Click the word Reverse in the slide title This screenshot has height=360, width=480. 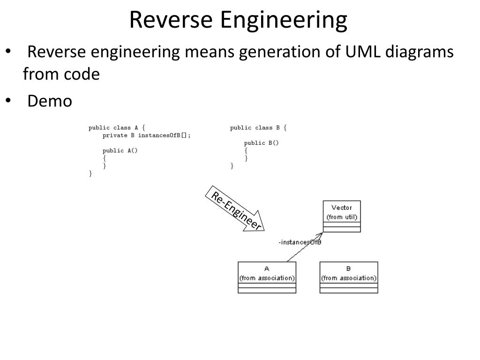pyautogui.click(x=171, y=20)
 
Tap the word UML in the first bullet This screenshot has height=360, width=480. pyautogui.click(x=363, y=52)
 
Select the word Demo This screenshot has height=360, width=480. pyautogui.click(x=50, y=101)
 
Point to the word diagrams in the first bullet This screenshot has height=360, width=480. pyautogui.click(x=420, y=52)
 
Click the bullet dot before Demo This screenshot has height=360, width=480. pyautogui.click(x=8, y=100)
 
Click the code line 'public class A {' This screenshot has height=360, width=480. pyautogui.click(x=117, y=127)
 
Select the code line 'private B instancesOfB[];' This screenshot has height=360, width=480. pyautogui.click(x=147, y=135)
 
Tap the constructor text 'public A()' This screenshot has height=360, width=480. pyautogui.click(x=120, y=150)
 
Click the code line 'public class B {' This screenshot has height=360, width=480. pyautogui.click(x=258, y=127)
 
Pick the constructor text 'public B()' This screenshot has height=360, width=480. pyautogui.click(x=262, y=143)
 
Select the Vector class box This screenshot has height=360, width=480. pyautogui.click(x=342, y=217)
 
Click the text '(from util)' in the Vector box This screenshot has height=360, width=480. pyautogui.click(x=342, y=217)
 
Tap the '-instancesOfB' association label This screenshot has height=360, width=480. pyautogui.click(x=300, y=242)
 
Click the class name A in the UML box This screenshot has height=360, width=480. pyautogui.click(x=267, y=269)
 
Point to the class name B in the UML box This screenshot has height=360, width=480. pyautogui.click(x=348, y=269)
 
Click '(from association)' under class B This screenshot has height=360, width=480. pyautogui.click(x=349, y=278)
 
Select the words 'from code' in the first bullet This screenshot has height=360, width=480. pyautogui.click(x=61, y=74)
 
